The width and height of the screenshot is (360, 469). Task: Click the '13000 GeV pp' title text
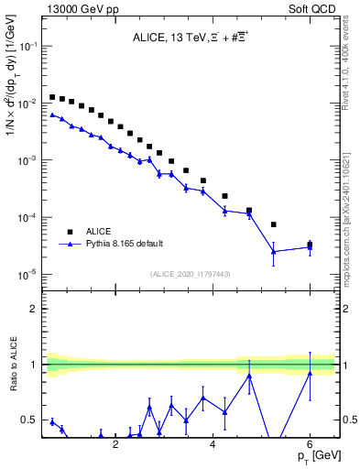tap(80, 7)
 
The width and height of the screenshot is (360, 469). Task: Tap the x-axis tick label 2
tap(115, 444)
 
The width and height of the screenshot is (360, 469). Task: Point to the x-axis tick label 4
tap(213, 444)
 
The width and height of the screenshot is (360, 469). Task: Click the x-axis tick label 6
tap(310, 444)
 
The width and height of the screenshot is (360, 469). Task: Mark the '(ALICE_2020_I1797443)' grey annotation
tap(189, 274)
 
